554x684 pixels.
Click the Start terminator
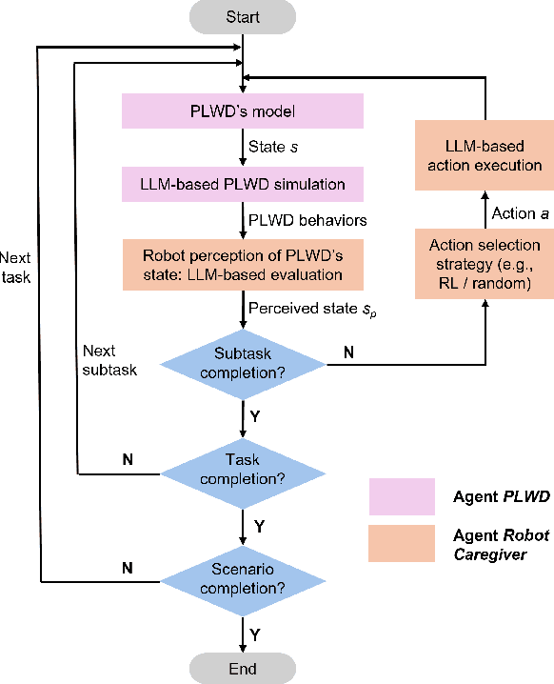coord(243,17)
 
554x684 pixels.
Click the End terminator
coord(243,668)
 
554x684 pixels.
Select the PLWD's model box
coord(243,112)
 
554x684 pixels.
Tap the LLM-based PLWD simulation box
coord(243,183)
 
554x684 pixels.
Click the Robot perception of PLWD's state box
coord(243,265)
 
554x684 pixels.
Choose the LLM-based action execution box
coord(480,155)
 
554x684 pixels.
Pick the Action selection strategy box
coord(480,263)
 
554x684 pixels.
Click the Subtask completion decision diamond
coord(243,363)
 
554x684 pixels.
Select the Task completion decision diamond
coord(243,466)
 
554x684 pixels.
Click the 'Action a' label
coord(520,213)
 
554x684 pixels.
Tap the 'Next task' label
coord(15,267)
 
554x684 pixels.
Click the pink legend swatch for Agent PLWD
coord(402,496)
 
